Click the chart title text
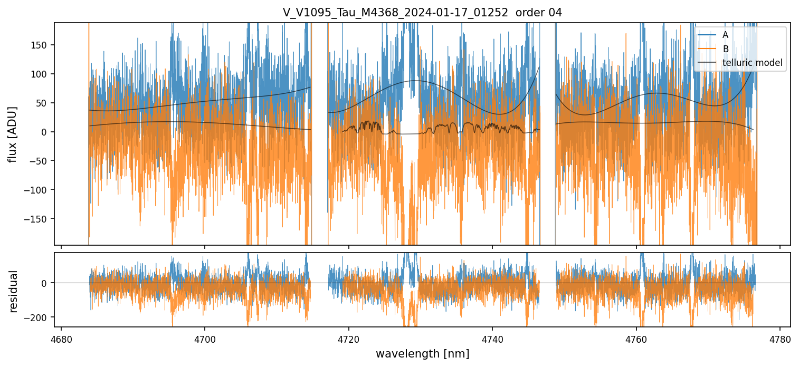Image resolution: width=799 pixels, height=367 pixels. tap(422, 13)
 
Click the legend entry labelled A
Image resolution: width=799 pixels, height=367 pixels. tap(725, 35)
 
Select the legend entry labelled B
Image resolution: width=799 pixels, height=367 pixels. tap(725, 49)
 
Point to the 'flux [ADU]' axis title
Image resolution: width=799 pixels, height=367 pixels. tap(13, 134)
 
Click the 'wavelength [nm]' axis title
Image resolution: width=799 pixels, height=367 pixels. tap(422, 354)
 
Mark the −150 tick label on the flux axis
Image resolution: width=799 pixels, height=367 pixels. tap(38, 219)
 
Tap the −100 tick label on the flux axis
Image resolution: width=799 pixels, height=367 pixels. tap(38, 190)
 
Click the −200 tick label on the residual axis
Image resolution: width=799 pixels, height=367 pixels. tap(38, 317)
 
